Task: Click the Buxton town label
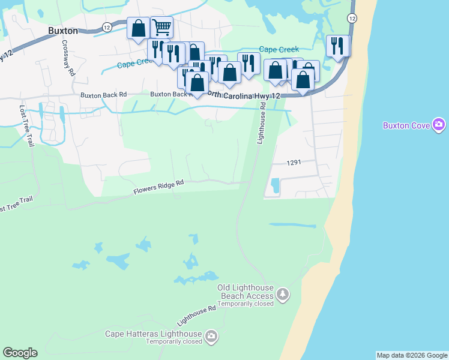click(63, 29)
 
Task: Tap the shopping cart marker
click(161, 27)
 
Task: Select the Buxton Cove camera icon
click(439, 125)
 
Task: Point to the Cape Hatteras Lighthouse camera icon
click(211, 336)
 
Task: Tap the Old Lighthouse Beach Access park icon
click(283, 294)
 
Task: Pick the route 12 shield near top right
click(352, 18)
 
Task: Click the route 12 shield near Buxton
click(106, 27)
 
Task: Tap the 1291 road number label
click(293, 163)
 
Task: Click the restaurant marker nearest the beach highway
click(337, 46)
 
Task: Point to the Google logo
click(20, 353)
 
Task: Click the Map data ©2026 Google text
click(411, 355)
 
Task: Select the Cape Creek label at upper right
click(276, 49)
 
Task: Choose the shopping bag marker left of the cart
click(138, 28)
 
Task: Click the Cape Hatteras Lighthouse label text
click(153, 334)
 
